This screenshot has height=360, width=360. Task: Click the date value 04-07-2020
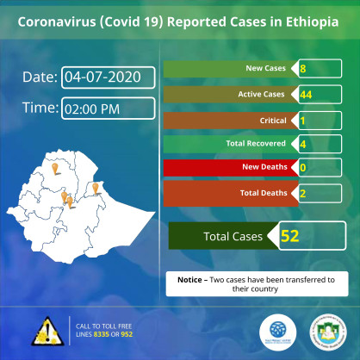pyautogui.click(x=109, y=77)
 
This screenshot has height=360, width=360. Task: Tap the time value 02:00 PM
pyautogui.click(x=109, y=108)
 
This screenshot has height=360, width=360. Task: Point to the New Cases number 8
pyautogui.click(x=304, y=68)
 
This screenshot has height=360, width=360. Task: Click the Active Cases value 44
pyautogui.click(x=306, y=94)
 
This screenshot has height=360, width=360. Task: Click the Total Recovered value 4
pyautogui.click(x=304, y=144)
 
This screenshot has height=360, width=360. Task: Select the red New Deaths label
pyautogui.click(x=228, y=168)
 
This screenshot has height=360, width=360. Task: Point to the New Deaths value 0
pyautogui.click(x=304, y=168)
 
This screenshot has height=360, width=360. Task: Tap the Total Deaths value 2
pyautogui.click(x=304, y=193)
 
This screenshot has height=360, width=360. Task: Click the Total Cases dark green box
pyautogui.click(x=216, y=236)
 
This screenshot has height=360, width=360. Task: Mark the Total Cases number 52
pyautogui.click(x=289, y=235)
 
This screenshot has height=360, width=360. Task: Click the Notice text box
pyautogui.click(x=257, y=283)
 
